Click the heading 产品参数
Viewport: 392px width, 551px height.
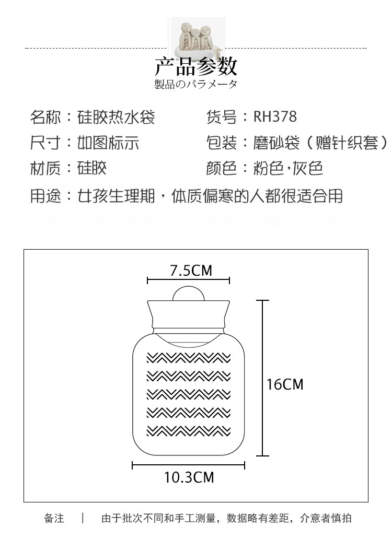(196, 66)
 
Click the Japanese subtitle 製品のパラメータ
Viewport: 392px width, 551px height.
(196, 85)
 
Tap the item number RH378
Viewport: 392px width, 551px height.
(275, 117)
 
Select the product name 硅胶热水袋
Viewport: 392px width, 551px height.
(116, 117)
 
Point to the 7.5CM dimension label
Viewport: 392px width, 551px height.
(191, 270)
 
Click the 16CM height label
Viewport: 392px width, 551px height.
(285, 384)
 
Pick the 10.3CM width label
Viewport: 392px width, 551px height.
(189, 477)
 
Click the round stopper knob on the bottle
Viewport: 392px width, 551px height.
(188, 293)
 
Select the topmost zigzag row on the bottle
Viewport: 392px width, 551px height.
(188, 358)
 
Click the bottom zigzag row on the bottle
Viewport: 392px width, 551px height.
(188, 431)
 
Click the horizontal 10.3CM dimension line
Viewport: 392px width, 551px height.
(188, 465)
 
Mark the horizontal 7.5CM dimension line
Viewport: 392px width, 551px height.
(188, 281)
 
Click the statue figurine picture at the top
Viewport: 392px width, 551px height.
(196, 39)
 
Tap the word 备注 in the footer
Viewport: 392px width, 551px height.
(54, 518)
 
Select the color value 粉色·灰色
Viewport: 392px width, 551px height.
(288, 168)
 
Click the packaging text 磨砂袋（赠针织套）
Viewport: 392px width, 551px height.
(320, 143)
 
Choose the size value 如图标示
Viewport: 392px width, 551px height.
(108, 143)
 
